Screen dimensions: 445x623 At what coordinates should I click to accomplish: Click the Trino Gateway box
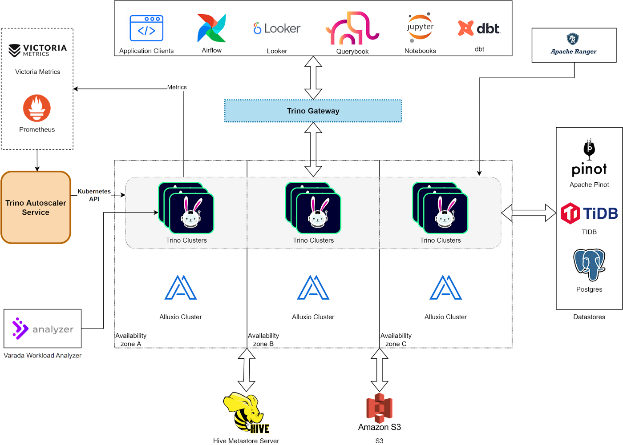coord(313,111)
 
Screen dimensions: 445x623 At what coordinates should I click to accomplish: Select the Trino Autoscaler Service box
coord(36,208)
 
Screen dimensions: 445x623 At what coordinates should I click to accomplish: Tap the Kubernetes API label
coord(94,195)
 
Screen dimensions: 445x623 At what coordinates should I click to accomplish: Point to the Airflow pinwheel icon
coord(212,28)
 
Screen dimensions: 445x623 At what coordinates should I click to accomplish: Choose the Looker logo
coord(277,28)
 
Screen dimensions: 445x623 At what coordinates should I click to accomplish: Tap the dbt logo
coord(479,28)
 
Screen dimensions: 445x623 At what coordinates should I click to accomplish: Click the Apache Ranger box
coord(574,45)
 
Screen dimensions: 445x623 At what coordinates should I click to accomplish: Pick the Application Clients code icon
coord(146,28)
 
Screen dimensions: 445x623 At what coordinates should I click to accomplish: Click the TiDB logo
coord(589,213)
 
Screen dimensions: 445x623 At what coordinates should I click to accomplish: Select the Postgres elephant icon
coord(589,265)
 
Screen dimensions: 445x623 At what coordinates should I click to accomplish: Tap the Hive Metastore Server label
coord(246,441)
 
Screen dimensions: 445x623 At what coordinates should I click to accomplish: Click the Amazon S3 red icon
coord(379,408)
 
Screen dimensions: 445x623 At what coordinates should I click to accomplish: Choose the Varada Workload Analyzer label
coord(43,356)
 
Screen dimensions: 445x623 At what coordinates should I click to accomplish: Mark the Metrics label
coord(177,88)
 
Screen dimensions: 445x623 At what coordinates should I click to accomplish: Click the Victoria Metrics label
coord(38,72)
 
